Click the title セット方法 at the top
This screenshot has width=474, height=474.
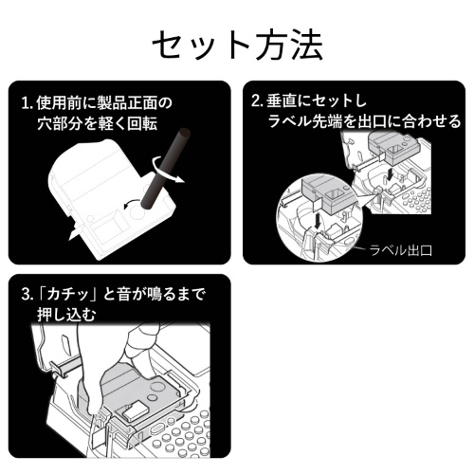click(x=237, y=43)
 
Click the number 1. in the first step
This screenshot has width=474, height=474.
click(x=27, y=101)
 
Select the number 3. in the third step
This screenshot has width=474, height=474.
click(x=27, y=295)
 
